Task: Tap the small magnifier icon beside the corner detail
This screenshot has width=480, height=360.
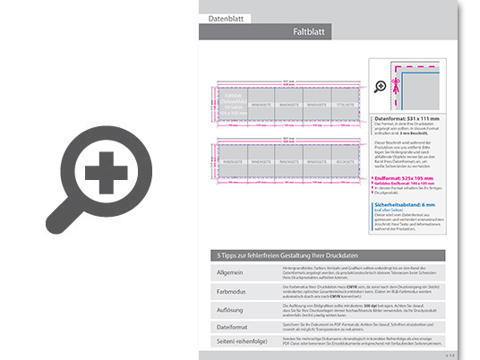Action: pos(381,86)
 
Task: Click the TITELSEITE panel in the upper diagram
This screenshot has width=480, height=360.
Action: pos(345,104)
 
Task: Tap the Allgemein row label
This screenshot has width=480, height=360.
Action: pos(231,272)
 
